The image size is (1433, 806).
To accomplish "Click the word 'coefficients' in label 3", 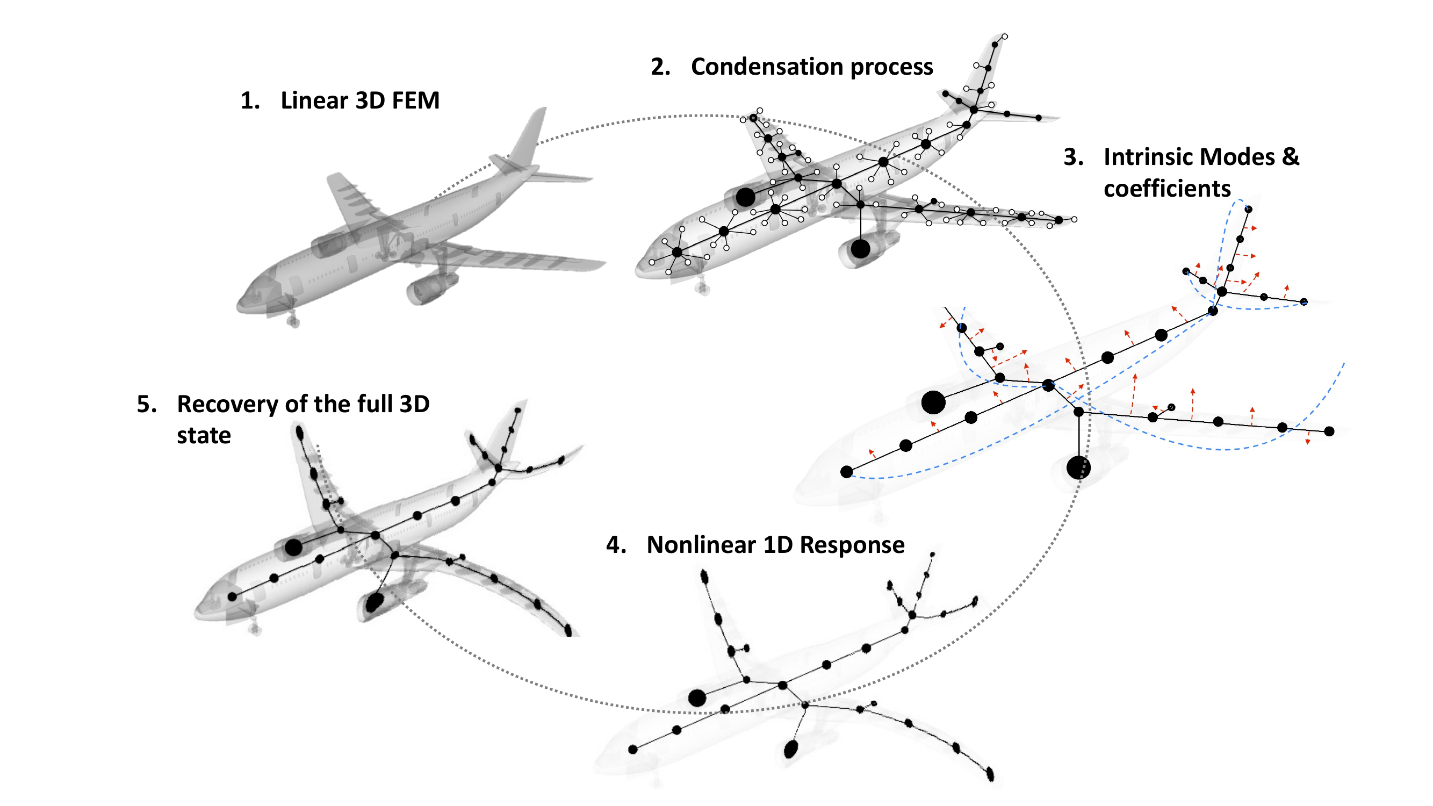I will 1166,189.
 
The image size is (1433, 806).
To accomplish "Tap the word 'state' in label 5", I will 204,436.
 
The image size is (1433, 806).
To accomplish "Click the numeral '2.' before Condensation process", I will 660,67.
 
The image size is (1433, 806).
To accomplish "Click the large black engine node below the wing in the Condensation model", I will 860,249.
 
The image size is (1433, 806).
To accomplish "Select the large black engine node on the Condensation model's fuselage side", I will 745,196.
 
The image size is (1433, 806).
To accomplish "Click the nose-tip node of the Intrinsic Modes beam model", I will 846,472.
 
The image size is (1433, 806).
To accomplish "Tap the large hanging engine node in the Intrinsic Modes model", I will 1078,467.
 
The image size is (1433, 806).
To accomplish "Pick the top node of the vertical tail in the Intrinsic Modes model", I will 1248,209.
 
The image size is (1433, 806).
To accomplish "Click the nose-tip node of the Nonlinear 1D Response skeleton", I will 632,749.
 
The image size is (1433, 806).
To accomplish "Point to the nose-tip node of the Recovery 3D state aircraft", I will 232,597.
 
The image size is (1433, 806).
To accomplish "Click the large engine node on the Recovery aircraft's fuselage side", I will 293,548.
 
